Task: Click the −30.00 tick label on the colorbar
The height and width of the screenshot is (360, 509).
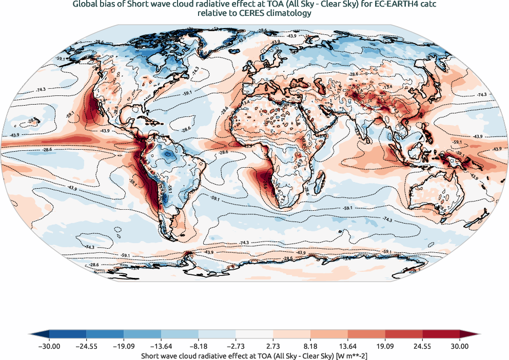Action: tap(49, 347)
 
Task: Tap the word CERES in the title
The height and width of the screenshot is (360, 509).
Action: tap(243, 14)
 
